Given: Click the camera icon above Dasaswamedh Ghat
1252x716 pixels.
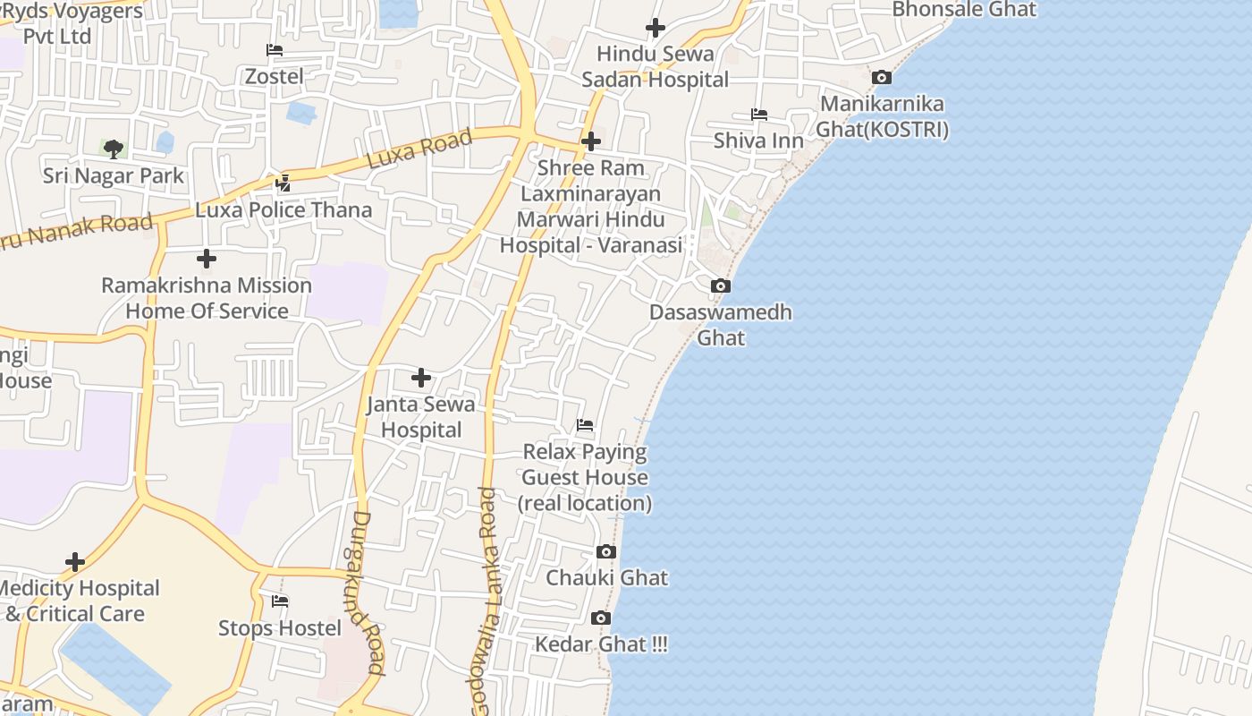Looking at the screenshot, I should point(720,286).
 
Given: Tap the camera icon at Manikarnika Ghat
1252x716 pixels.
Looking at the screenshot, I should point(881,78).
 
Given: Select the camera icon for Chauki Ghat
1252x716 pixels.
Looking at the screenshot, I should point(606,551).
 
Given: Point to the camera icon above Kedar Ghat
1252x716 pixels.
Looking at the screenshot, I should point(601,618).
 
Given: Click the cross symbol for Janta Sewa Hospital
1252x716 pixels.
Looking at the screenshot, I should point(420,378).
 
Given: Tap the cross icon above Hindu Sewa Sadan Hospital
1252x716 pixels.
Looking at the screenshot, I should point(656,28).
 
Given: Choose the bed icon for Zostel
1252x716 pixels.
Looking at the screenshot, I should point(275,50).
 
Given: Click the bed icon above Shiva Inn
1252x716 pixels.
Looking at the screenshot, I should point(758,115).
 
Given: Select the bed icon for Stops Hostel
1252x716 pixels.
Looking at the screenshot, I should point(280,601).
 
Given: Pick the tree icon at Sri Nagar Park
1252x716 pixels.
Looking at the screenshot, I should point(113,149).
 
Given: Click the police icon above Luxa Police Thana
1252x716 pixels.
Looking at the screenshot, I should point(283,183).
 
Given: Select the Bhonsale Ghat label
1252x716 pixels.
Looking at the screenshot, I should point(964,10).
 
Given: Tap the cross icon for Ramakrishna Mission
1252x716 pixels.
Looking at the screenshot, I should point(207,259).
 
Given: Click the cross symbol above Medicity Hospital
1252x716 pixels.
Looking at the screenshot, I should point(75,562).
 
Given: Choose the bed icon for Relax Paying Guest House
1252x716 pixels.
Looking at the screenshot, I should point(585,424).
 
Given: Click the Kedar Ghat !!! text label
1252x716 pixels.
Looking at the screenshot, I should point(601,644).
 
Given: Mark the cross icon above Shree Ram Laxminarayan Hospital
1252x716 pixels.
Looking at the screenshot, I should point(590,141).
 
